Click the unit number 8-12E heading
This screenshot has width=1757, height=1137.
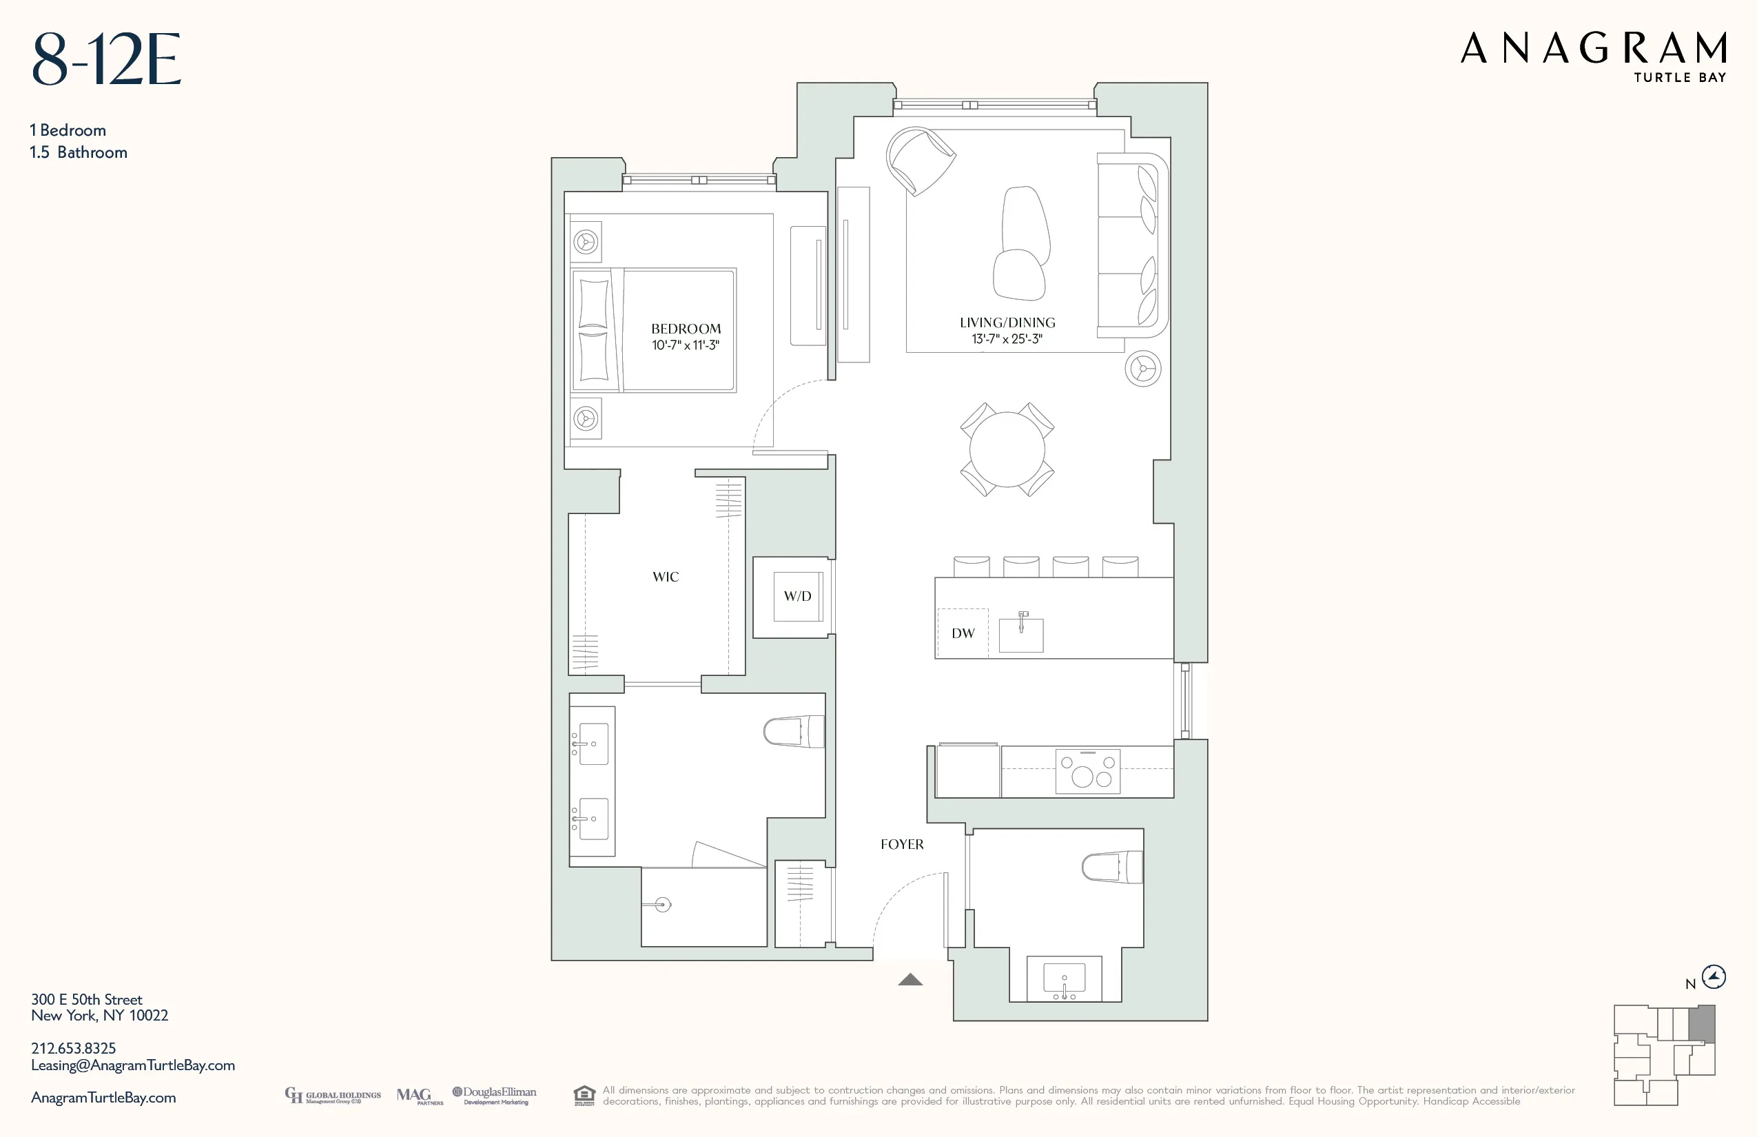[x=106, y=60]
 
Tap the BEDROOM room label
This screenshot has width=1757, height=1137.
[x=686, y=329]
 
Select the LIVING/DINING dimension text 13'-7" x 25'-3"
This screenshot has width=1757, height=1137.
[x=1007, y=339]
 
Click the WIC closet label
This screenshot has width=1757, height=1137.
[x=665, y=577]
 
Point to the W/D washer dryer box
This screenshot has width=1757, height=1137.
[x=797, y=596]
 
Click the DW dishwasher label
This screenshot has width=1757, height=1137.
[x=963, y=633]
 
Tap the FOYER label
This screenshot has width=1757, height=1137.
[x=901, y=844]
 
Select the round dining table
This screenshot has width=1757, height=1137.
[x=1007, y=449]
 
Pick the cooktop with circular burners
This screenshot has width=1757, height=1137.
[x=1087, y=772]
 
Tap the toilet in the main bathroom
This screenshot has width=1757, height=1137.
[x=794, y=732]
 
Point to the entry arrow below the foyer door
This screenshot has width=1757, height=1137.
[x=910, y=980]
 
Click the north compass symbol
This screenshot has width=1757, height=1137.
[x=1714, y=977]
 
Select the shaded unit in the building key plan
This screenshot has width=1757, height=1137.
[x=1702, y=1023]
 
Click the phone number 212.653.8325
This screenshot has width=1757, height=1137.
[x=73, y=1048]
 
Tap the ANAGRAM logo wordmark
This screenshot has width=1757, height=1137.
[x=1593, y=49]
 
